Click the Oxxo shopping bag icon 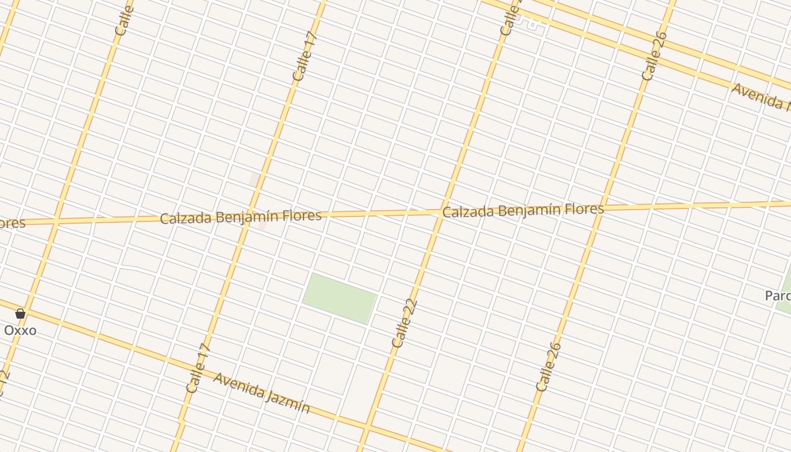[20, 314]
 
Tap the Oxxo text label [20, 330]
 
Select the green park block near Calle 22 [340, 298]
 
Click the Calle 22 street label [405, 323]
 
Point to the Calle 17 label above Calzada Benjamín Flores [306, 57]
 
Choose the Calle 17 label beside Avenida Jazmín [198, 368]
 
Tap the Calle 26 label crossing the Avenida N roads [655, 56]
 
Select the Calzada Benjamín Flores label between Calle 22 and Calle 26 [523, 211]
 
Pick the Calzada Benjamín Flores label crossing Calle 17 [241, 216]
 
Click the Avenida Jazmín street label [262, 393]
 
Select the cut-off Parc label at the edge [777, 295]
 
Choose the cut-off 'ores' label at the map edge [12, 223]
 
